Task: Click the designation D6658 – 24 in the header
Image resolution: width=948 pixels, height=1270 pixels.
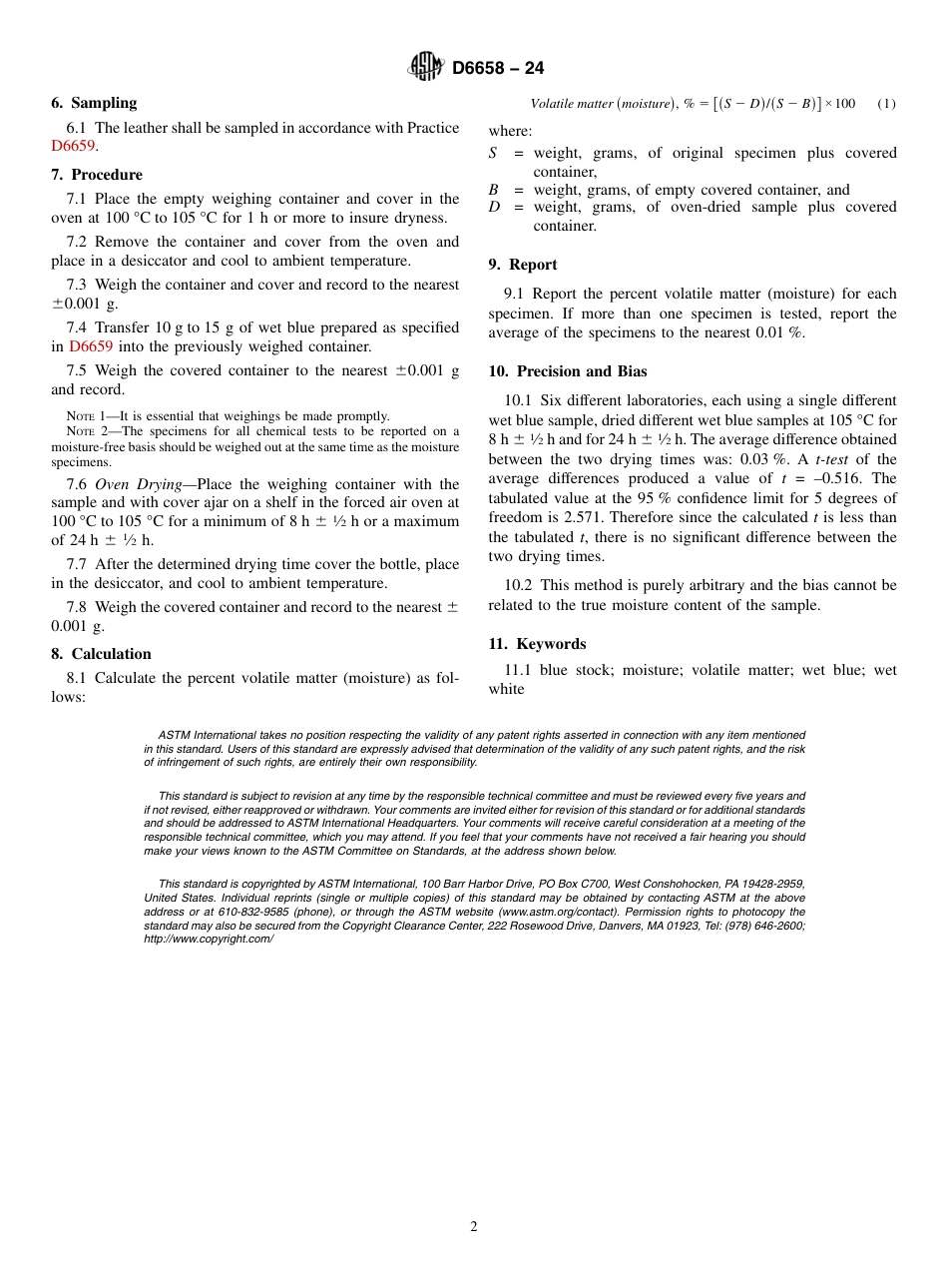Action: click(x=498, y=68)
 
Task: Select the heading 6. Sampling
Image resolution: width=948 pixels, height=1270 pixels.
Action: click(x=94, y=103)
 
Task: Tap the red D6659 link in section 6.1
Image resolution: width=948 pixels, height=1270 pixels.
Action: click(x=73, y=147)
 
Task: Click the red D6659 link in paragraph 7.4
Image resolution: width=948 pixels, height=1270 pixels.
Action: click(x=91, y=346)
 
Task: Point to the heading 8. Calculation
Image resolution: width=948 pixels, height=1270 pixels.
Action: click(x=101, y=654)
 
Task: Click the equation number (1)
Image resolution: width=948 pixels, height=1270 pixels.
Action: click(x=886, y=104)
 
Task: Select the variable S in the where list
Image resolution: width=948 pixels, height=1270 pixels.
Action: click(x=493, y=153)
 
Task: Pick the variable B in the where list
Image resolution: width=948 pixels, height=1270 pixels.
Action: click(x=493, y=190)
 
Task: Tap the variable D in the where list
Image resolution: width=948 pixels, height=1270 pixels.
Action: click(x=494, y=208)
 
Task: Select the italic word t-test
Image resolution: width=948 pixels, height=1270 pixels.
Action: click(x=832, y=459)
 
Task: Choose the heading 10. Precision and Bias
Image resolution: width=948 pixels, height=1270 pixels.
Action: click(x=567, y=371)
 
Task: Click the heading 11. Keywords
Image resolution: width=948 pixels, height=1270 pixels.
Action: click(x=537, y=644)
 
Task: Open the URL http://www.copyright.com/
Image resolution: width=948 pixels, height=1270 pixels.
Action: click(x=208, y=939)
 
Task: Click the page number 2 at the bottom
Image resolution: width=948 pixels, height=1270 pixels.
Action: click(x=474, y=1227)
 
